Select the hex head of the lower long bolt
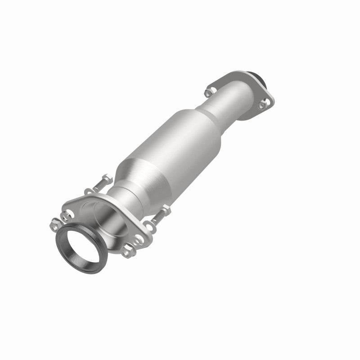[167, 208]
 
